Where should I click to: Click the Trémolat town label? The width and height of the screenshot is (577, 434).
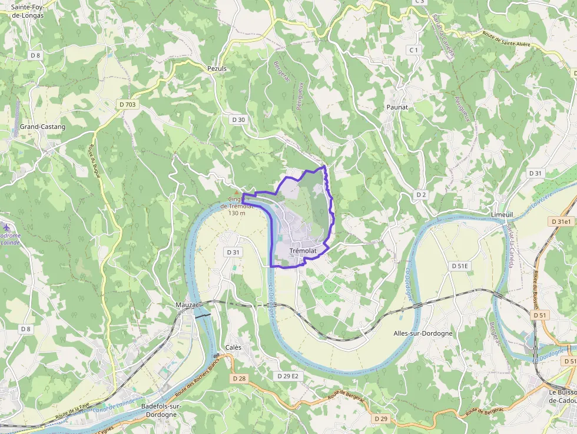click(303, 251)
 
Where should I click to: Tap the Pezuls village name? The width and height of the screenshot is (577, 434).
click(217, 68)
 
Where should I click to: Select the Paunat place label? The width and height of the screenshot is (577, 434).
click(397, 107)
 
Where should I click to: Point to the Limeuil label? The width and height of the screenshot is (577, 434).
click(502, 215)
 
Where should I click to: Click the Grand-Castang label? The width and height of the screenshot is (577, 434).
click(42, 127)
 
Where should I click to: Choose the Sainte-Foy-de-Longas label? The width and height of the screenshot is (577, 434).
click(27, 11)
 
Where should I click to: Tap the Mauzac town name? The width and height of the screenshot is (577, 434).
click(188, 305)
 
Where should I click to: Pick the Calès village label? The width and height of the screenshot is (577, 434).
click(233, 347)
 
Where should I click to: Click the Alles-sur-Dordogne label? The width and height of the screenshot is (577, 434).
click(423, 333)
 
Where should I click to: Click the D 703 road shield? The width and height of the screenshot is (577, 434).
click(127, 104)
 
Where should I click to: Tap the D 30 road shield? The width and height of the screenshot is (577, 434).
click(238, 120)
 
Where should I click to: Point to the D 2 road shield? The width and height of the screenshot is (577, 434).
click(421, 194)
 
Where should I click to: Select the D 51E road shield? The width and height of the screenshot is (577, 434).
click(460, 266)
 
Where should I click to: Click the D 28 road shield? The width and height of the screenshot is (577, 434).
click(238, 379)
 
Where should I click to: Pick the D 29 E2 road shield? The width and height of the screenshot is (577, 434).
click(288, 376)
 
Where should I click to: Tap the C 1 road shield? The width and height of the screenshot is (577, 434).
click(414, 50)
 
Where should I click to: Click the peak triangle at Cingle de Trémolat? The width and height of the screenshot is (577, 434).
click(237, 192)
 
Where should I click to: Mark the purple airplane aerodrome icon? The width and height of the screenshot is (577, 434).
click(6, 227)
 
